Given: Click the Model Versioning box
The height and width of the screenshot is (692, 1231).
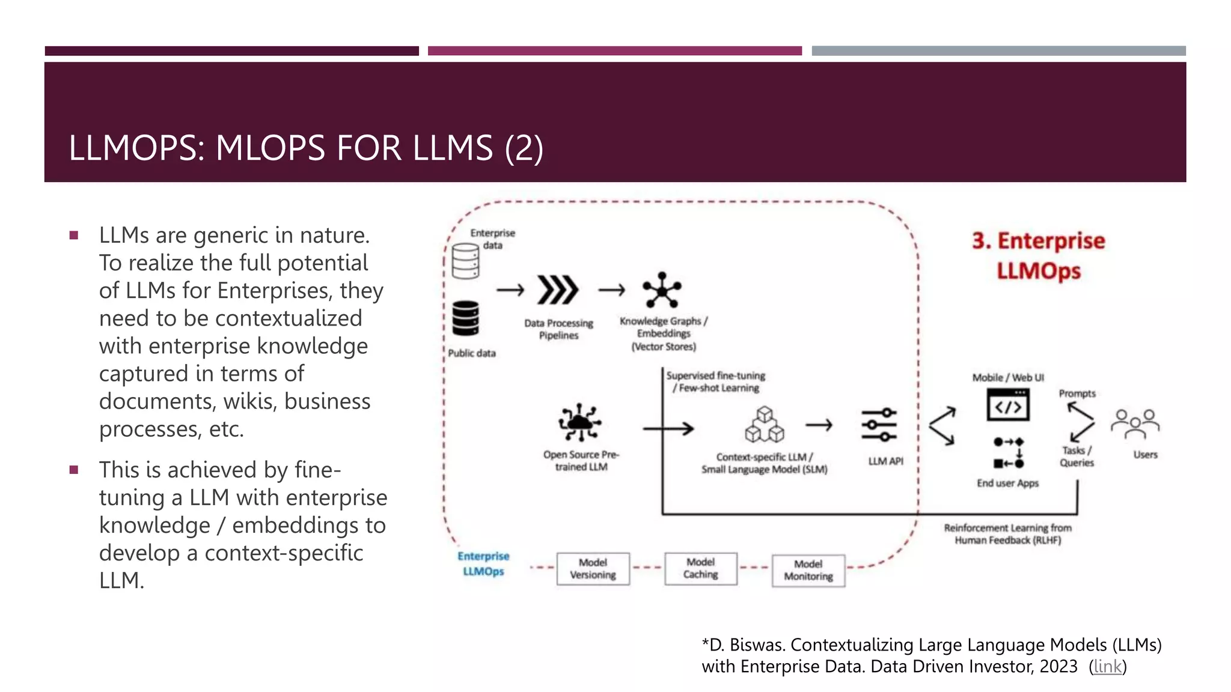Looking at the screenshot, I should [x=593, y=568].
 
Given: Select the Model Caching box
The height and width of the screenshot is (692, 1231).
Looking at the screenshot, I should [x=700, y=568].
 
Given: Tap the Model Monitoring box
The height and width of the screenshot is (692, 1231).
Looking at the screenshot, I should [x=808, y=570].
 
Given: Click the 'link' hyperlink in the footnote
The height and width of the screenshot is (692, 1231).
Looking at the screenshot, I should [x=1107, y=666].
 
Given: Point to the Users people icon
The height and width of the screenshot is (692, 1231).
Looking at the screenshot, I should [x=1135, y=425].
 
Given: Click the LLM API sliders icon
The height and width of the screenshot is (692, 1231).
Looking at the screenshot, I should [x=879, y=425].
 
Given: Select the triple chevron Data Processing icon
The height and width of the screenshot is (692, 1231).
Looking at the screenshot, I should [x=557, y=290].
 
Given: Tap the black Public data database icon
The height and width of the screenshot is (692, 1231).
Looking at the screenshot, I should [x=465, y=318].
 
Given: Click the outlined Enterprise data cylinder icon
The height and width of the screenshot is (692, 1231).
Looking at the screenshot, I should [x=465, y=261].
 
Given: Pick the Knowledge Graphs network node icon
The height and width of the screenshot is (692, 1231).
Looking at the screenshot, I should [x=662, y=290].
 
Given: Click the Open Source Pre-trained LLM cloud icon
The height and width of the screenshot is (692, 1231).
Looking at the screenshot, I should [x=579, y=422].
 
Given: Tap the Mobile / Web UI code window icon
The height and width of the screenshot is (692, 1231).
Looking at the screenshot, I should [x=1008, y=405].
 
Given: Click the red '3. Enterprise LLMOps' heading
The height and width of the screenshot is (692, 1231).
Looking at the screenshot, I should [x=1039, y=255].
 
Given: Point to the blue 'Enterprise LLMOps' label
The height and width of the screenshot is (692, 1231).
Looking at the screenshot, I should [x=483, y=563].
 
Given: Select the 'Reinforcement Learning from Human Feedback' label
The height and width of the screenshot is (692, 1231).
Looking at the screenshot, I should [x=1007, y=533].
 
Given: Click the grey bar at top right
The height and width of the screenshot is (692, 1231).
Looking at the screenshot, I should [x=998, y=51].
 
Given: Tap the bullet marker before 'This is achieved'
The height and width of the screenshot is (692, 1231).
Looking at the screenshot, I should [x=74, y=470].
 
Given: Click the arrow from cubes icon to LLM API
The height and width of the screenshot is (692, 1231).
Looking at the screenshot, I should [x=819, y=425].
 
